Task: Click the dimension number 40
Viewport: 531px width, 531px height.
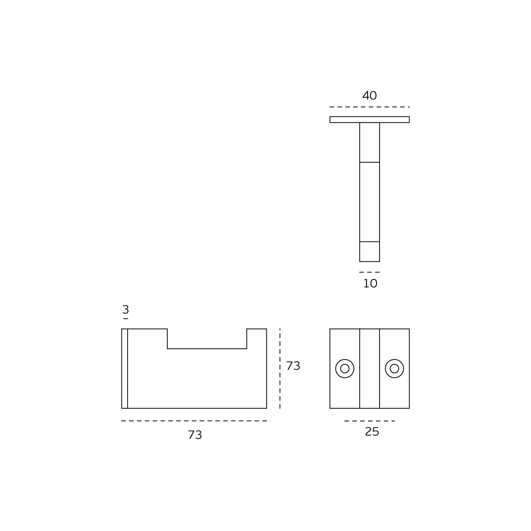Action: (369, 96)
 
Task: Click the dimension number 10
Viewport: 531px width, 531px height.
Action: (370, 283)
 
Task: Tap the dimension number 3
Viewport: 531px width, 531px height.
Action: (125, 309)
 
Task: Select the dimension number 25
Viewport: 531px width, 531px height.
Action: (372, 432)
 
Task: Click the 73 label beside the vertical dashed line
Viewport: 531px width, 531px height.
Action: (293, 366)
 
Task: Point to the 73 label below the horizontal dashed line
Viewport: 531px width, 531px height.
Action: (195, 435)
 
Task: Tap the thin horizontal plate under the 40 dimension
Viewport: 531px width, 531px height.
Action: (369, 119)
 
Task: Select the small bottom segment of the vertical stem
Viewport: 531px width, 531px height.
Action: (369, 252)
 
